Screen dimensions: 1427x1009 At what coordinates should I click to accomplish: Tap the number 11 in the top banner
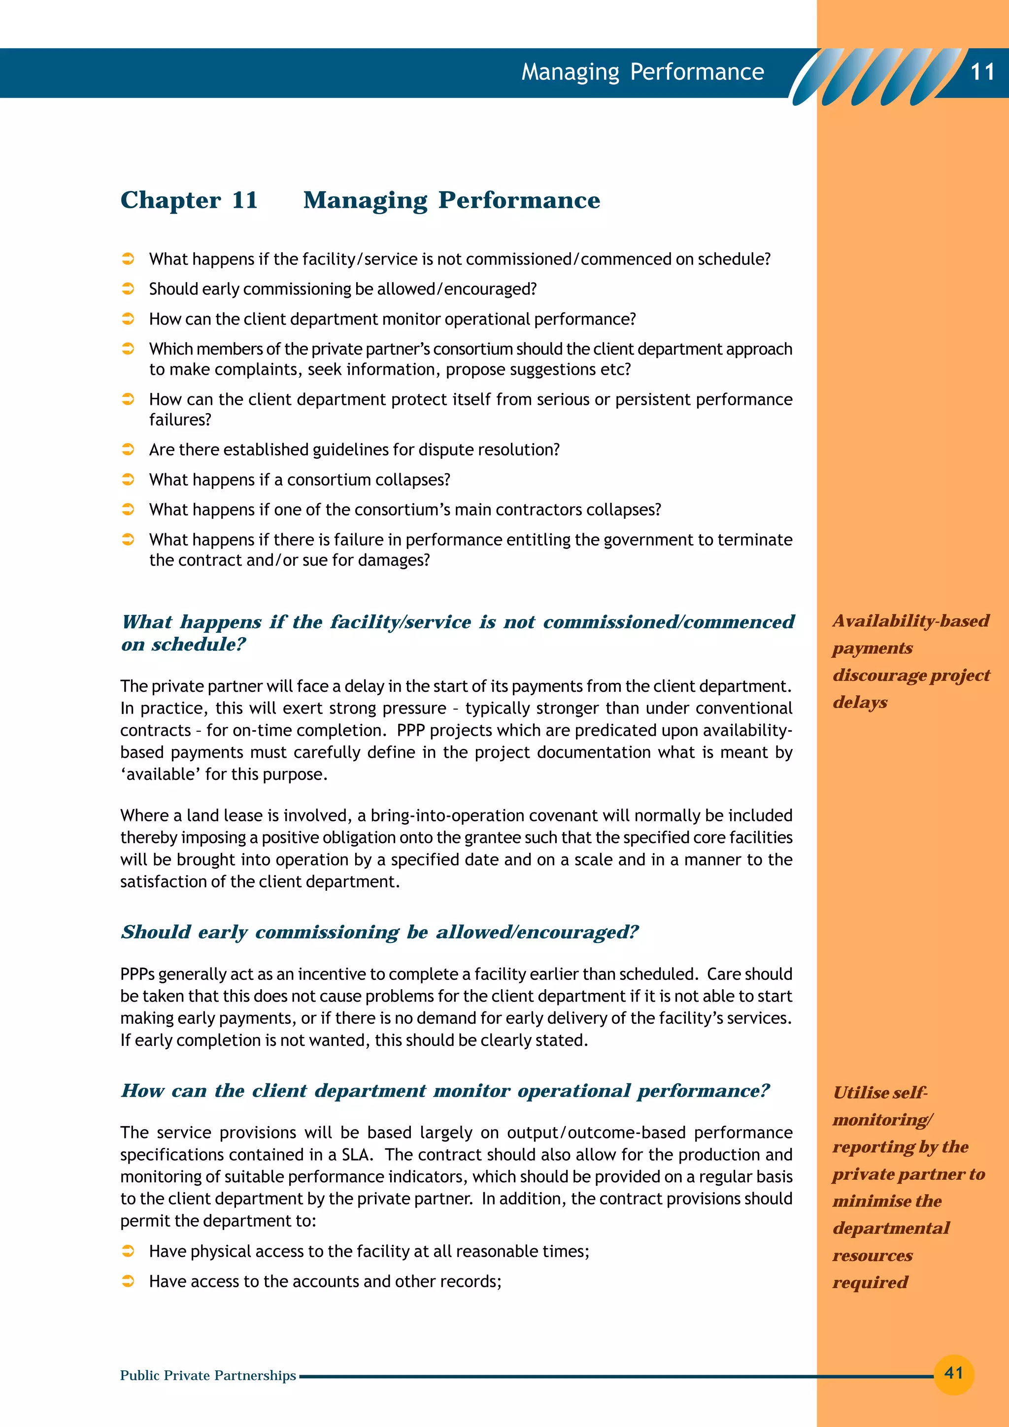coord(982,72)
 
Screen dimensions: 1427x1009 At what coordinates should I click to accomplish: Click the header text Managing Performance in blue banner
coord(642,72)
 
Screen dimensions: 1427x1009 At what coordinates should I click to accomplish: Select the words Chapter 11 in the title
coord(189,200)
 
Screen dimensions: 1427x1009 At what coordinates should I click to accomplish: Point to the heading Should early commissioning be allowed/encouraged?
coord(379,932)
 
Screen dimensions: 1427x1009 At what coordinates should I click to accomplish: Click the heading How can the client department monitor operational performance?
coord(444,1090)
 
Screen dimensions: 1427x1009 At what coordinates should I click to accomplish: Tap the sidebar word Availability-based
coord(911,620)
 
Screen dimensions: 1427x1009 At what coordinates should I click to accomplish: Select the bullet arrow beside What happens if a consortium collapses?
coord(128,479)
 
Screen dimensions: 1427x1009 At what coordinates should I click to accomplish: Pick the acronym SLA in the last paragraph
coord(356,1155)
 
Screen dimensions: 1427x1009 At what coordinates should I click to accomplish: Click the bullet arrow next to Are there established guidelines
coord(128,450)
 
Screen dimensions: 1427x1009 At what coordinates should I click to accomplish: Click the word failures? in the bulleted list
coord(180,420)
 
